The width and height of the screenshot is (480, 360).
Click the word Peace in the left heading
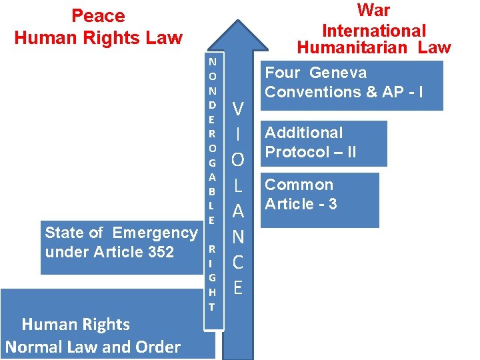98,15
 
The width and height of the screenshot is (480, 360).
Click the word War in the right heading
373,10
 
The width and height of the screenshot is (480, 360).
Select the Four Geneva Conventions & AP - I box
351,85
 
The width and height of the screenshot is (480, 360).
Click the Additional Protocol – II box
323,143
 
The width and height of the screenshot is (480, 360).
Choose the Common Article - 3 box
319,199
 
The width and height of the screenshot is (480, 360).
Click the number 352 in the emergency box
159,252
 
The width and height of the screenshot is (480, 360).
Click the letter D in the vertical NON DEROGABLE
212,104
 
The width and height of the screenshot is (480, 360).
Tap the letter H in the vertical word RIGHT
211,292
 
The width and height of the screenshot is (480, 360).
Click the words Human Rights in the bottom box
76,325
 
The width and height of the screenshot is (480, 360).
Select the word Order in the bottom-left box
157,347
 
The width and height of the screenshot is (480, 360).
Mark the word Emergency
155,233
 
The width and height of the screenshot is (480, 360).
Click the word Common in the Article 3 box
299,185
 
